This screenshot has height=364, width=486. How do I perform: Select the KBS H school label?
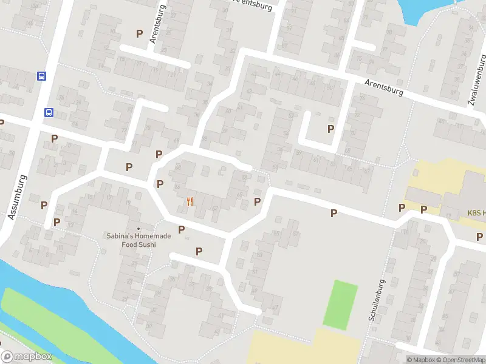(x=476, y=213)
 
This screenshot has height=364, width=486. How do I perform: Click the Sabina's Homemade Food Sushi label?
(x=138, y=240)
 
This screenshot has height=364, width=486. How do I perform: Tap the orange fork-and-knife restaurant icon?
(x=191, y=202)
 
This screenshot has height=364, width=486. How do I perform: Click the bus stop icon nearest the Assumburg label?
(x=48, y=112)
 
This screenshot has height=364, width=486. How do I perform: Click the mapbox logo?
(x=27, y=357)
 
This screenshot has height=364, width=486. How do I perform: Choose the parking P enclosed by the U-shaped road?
(x=331, y=129)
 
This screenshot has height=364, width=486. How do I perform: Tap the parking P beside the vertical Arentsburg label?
(x=140, y=34)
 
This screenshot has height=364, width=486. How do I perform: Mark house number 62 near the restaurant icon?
(x=216, y=209)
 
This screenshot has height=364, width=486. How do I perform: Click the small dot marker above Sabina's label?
(x=138, y=229)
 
